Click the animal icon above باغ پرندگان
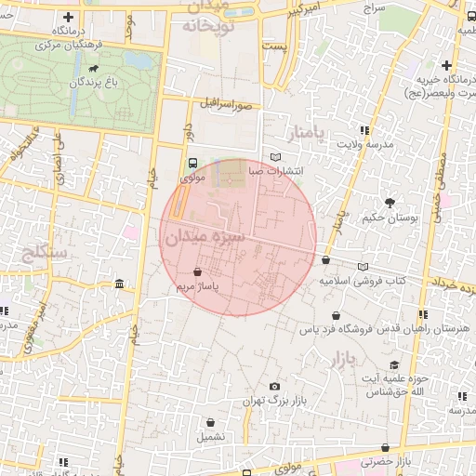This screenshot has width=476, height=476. click(94, 68)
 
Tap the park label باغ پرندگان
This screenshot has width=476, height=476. click(94, 84)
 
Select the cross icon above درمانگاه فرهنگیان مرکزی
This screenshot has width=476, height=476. click(70, 18)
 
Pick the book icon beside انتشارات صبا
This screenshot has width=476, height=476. click(274, 157)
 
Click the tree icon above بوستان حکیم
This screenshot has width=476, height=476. click(389, 203)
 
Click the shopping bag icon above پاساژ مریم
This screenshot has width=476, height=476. click(198, 271)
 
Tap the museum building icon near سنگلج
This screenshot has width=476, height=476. click(119, 284)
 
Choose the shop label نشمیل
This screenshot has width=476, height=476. click(209, 435)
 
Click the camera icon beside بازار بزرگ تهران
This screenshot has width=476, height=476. click(273, 387)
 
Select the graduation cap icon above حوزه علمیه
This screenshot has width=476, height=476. click(394, 365)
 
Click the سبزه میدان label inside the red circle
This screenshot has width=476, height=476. click(203, 238)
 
